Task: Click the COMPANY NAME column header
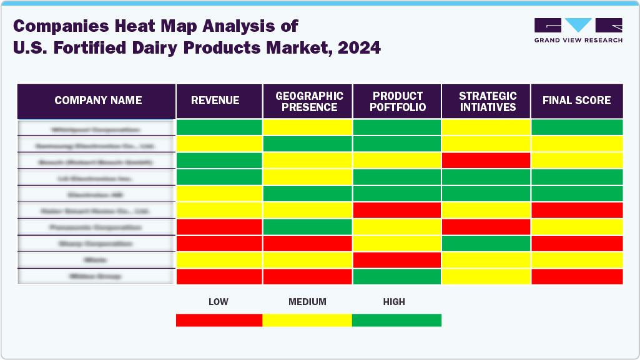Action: [98, 100]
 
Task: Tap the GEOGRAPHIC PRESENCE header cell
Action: [309, 101]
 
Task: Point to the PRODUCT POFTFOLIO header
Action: [398, 101]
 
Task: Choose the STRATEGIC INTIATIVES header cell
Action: [488, 101]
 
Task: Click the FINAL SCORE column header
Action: [576, 100]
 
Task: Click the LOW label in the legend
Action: [218, 302]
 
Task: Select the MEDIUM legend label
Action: [307, 302]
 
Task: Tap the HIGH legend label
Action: [394, 302]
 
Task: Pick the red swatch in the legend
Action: [219, 320]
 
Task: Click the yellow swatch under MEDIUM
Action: [307, 320]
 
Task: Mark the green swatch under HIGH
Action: [396, 320]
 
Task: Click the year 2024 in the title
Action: [359, 47]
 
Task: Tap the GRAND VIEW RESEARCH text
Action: [578, 40]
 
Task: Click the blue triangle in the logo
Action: [578, 25]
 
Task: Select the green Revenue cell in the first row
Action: [219, 127]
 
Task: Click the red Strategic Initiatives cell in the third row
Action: [486, 160]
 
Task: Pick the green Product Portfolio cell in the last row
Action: [397, 276]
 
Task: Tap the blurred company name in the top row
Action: [96, 129]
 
